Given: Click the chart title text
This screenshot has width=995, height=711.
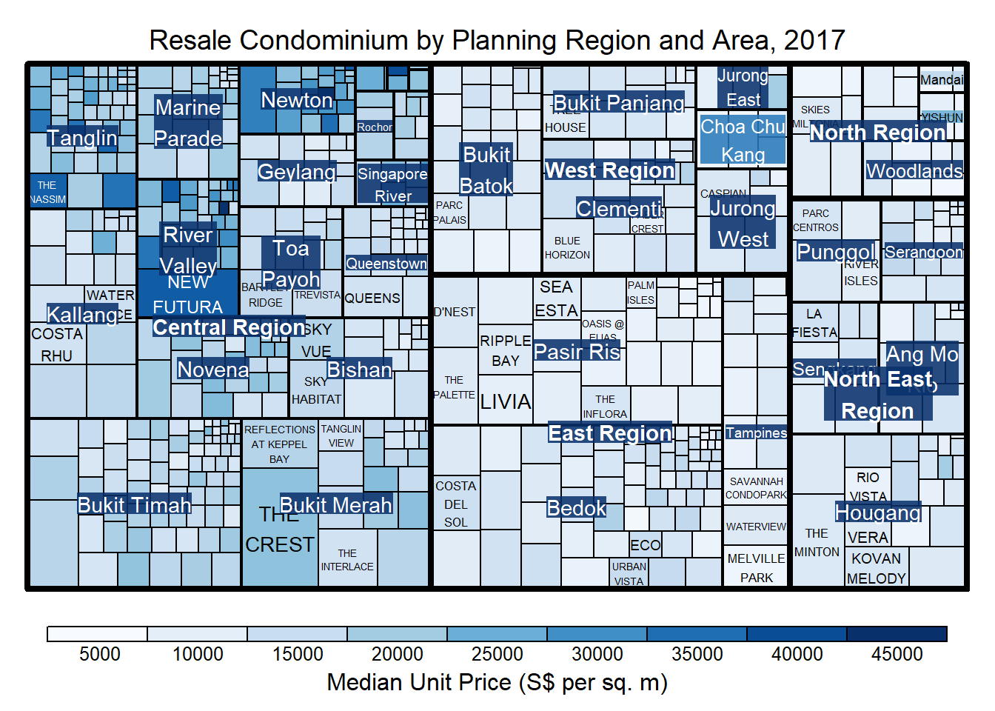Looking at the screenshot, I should click(497, 40).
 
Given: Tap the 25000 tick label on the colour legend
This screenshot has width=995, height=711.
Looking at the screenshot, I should click(497, 654).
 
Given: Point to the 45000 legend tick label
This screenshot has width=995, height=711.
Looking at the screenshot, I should click(897, 654).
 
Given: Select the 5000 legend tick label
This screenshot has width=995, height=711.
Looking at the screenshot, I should click(100, 654).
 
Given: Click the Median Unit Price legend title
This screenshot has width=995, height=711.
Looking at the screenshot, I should click(497, 682).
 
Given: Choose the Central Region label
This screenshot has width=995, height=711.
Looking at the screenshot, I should click(229, 327).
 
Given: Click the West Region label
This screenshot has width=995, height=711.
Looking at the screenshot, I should click(609, 170).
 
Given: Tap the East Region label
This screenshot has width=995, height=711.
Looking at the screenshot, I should click(609, 433).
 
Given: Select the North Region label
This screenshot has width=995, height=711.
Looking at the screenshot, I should click(877, 133).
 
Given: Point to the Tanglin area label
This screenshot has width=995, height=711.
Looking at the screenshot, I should click(82, 138).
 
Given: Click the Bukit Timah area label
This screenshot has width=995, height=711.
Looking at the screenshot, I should click(134, 505).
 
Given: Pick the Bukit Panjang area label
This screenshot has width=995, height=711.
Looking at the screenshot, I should click(618, 103).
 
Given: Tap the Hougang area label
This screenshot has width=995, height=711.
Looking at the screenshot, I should click(878, 513).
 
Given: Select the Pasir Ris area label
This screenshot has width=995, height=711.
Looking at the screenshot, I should click(577, 352).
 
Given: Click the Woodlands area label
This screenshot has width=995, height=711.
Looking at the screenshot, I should click(914, 171).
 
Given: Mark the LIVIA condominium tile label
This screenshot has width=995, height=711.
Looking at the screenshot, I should click(506, 402).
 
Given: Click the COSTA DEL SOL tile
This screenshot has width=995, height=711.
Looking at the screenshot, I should click(456, 504).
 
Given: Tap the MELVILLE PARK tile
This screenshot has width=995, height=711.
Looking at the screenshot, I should click(756, 568).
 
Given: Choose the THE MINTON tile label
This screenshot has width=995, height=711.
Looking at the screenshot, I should click(817, 543).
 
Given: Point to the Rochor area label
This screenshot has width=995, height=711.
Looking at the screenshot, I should click(375, 127).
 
